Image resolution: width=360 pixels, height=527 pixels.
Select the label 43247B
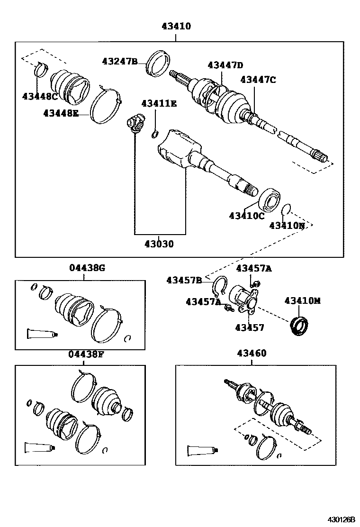(119, 61)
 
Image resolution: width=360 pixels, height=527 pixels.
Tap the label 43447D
(225, 65)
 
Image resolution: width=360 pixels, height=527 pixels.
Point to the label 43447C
(258, 80)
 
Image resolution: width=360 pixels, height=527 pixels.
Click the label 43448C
(40, 96)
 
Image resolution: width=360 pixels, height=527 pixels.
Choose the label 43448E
(61, 113)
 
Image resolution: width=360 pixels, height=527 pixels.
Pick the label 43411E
(159, 103)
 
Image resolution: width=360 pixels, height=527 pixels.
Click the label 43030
(159, 244)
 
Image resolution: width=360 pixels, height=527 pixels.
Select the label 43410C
(246, 216)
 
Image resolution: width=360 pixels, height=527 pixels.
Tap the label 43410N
(287, 226)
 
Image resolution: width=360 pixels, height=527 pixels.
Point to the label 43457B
(184, 280)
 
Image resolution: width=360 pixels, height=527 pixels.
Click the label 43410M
(302, 300)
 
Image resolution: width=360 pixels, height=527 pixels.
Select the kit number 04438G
(87, 268)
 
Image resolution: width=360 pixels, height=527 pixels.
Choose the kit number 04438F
(86, 354)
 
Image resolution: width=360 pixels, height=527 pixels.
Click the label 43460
(252, 353)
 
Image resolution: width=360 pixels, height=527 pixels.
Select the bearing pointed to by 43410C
(270, 199)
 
